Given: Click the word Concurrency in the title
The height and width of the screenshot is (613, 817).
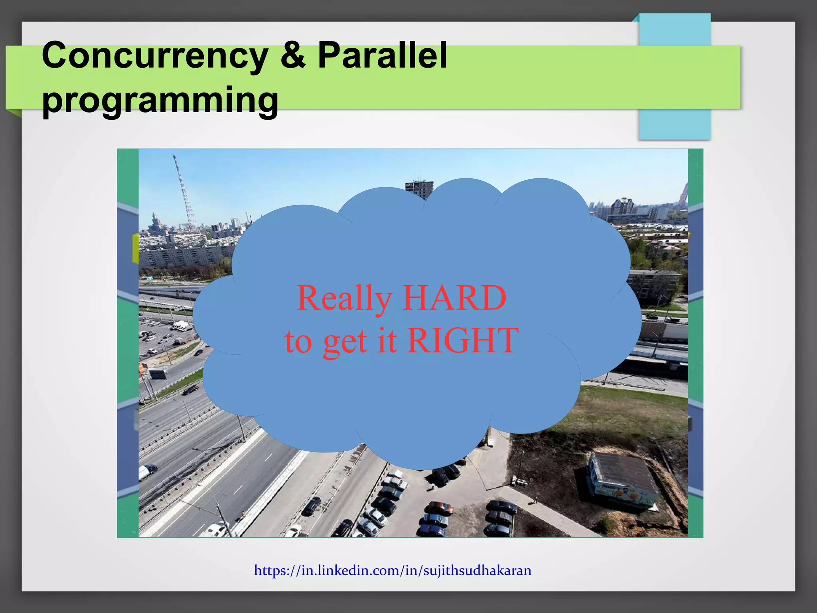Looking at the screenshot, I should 155,56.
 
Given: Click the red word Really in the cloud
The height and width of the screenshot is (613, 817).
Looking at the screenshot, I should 344,299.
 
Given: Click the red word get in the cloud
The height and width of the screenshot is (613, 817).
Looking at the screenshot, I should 345,342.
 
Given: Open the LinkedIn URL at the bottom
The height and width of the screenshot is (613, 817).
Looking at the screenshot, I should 393,570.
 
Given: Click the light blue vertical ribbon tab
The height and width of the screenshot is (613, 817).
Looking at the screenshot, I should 674,76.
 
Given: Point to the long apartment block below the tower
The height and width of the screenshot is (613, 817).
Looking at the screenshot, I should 187,255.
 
